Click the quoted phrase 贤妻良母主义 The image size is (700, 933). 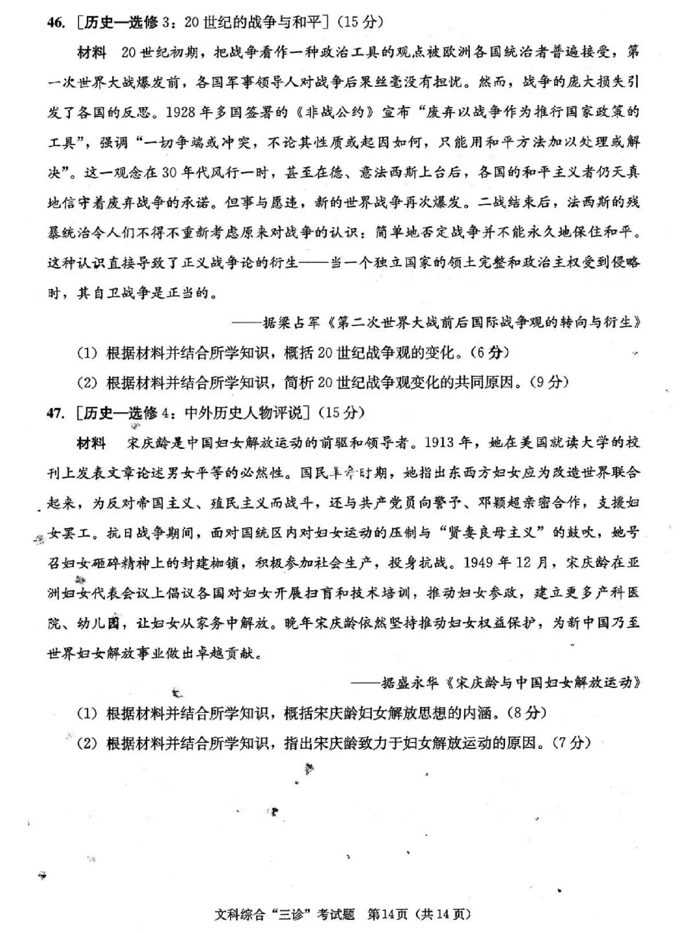[493, 533]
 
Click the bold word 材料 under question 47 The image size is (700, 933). [92, 443]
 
